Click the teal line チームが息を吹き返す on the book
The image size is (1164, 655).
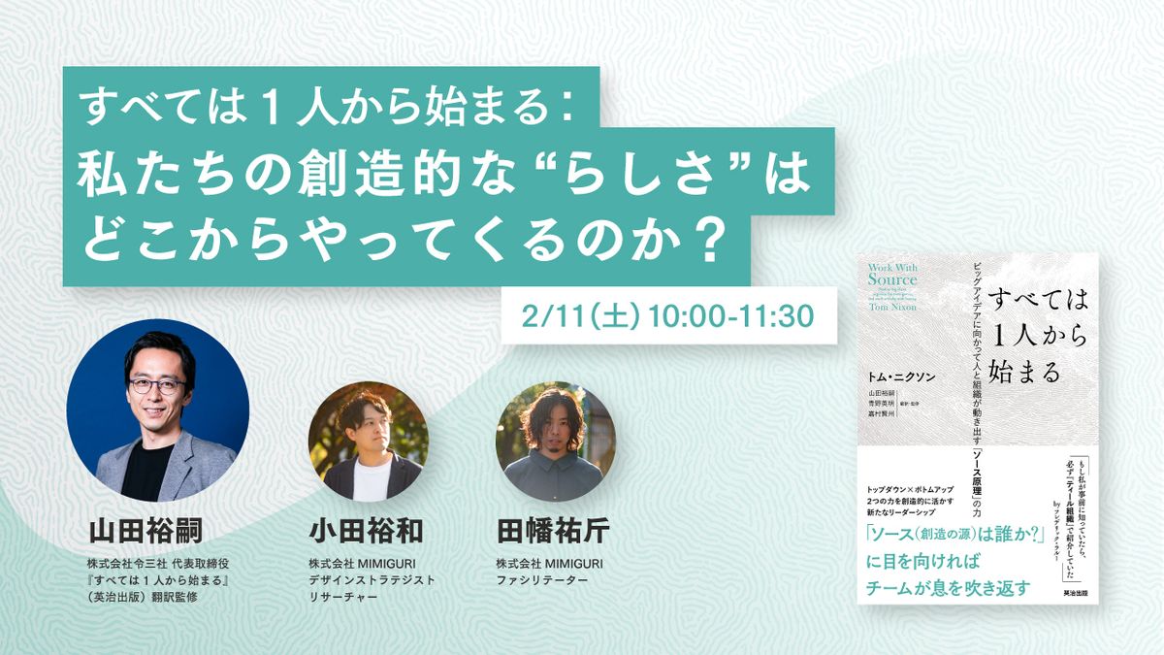click(945, 589)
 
